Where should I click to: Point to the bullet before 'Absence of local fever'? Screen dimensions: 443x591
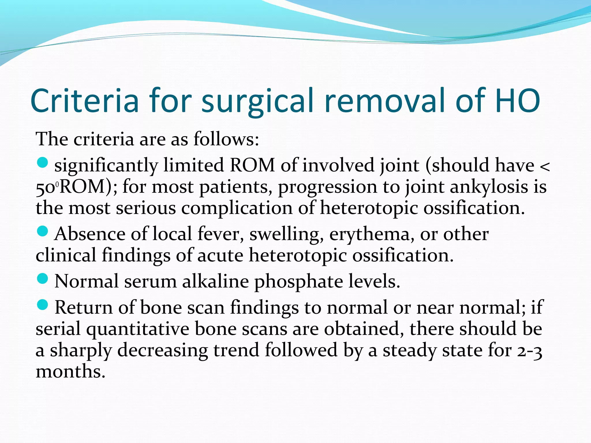43,231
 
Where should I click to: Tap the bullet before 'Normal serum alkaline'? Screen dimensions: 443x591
43,279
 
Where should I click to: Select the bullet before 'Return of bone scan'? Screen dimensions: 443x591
43,305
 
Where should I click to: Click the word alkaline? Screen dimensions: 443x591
215,281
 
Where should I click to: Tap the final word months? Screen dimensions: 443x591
70,371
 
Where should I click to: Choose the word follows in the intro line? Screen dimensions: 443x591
226,139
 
